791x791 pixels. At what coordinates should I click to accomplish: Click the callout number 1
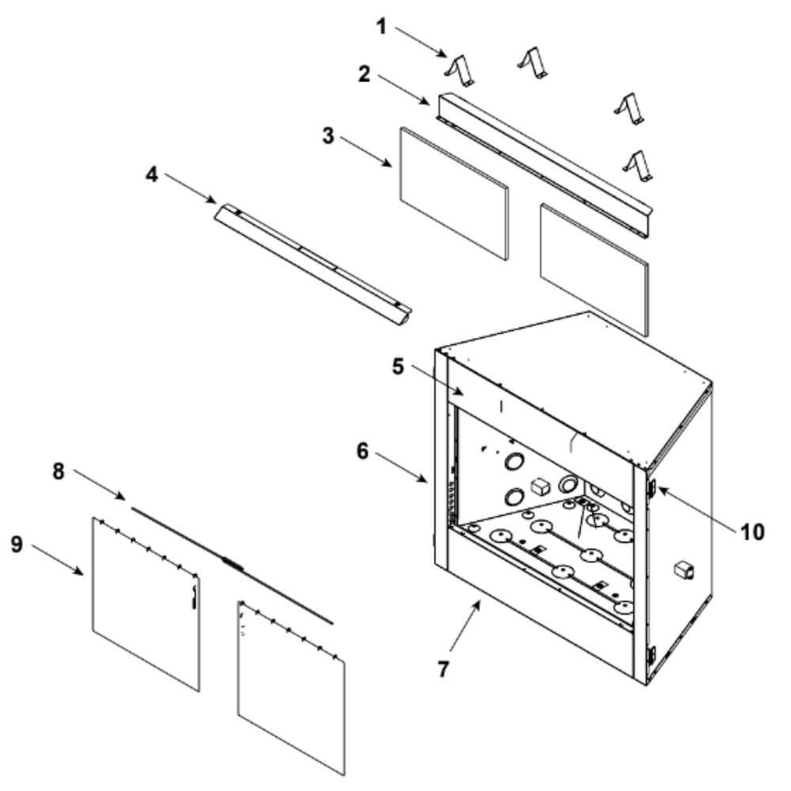pyautogui.click(x=382, y=27)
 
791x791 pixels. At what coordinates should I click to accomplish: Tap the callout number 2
pyautogui.click(x=364, y=74)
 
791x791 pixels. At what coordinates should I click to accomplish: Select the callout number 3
pyautogui.click(x=328, y=136)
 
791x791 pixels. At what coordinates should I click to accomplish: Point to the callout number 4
pyautogui.click(x=152, y=175)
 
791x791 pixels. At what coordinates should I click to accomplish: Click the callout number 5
pyautogui.click(x=398, y=367)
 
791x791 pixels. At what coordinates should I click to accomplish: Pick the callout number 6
pyautogui.click(x=362, y=451)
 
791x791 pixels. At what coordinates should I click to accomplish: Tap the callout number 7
pyautogui.click(x=443, y=669)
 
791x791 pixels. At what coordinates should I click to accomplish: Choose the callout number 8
pyautogui.click(x=59, y=471)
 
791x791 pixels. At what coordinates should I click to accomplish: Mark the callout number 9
pyautogui.click(x=17, y=544)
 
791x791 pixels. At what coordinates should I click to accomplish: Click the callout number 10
pyautogui.click(x=751, y=532)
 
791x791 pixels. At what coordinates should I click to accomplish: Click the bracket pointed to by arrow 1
pyautogui.click(x=460, y=70)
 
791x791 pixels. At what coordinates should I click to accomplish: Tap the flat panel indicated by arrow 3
pyautogui.click(x=454, y=194)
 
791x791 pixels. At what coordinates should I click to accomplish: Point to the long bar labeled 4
pyautogui.click(x=312, y=264)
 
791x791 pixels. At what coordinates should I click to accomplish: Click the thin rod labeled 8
pyautogui.click(x=232, y=566)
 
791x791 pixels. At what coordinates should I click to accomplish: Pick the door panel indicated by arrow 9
pyautogui.click(x=146, y=604)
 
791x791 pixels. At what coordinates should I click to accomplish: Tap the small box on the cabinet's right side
pyautogui.click(x=684, y=570)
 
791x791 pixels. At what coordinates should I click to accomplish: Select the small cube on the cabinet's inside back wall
pyautogui.click(x=539, y=486)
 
